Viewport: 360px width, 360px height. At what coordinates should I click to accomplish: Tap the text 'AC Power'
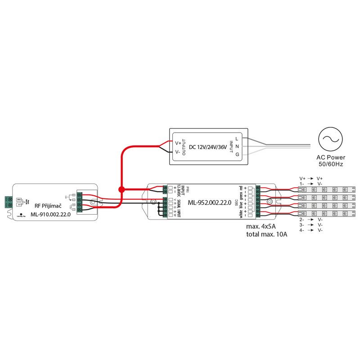[x=330, y=157]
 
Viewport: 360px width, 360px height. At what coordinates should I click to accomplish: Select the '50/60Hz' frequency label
[x=330, y=164]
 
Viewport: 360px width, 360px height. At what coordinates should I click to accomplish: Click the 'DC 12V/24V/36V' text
[x=207, y=148]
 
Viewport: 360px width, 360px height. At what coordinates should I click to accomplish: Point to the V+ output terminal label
[x=177, y=143]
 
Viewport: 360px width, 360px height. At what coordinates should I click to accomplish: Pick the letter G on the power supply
[x=237, y=155]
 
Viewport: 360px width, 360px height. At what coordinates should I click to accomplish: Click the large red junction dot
[x=121, y=189]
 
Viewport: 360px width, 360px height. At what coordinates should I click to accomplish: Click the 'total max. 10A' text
[x=267, y=234]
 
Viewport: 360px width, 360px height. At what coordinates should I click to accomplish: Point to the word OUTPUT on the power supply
[x=184, y=148]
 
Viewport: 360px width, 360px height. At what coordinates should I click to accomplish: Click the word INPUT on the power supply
[x=231, y=148]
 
